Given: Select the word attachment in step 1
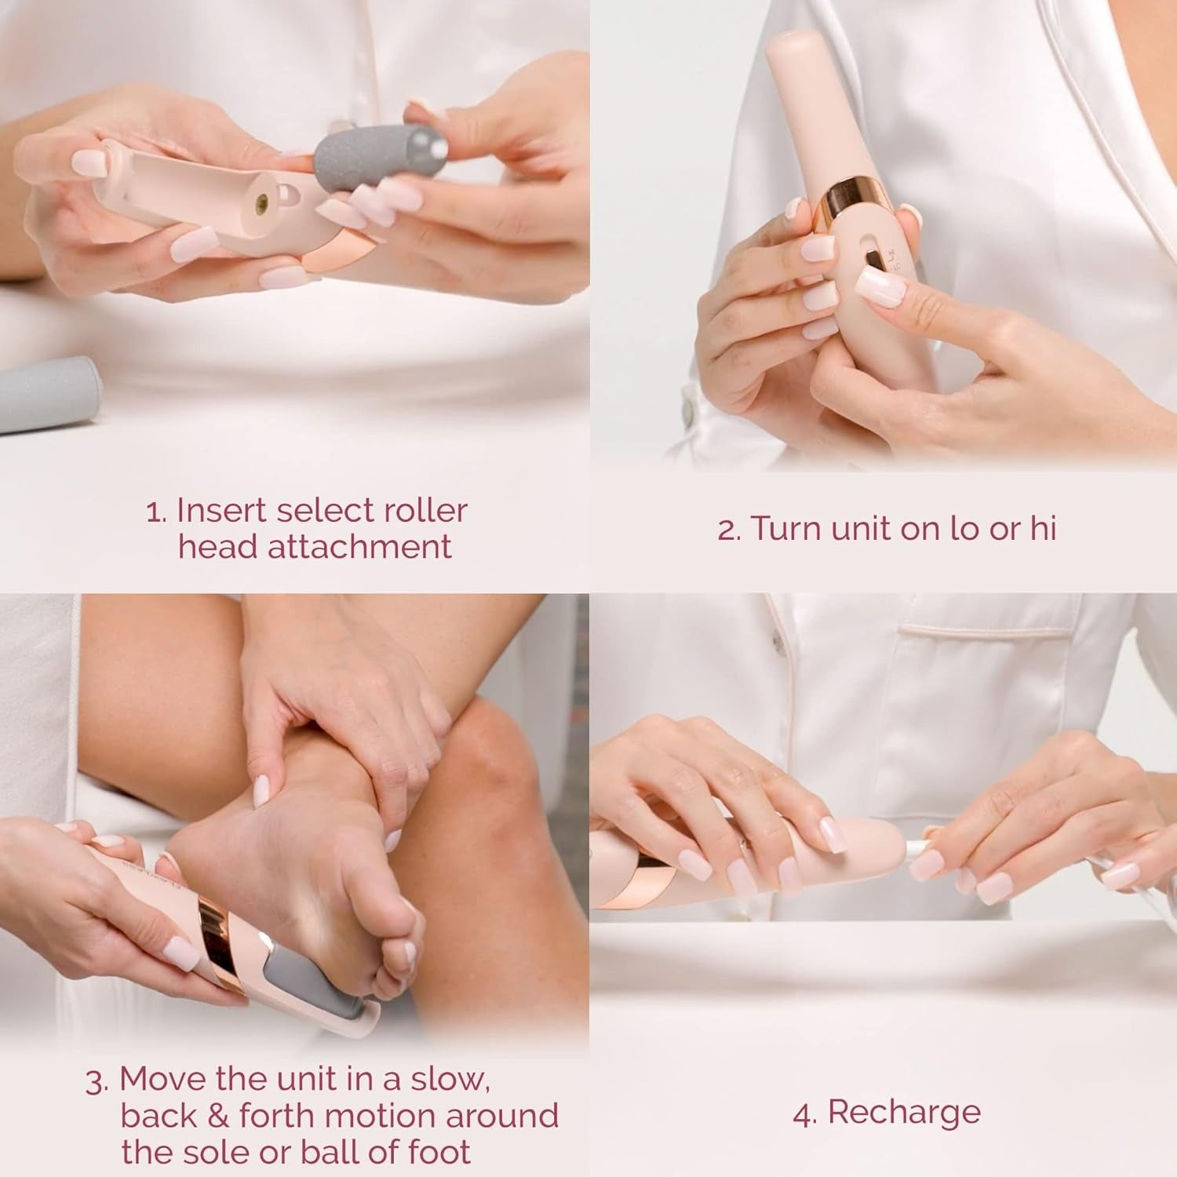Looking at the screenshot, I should point(359,547).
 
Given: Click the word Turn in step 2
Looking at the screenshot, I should point(788,529).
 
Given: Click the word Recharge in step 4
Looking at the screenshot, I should point(904,1113).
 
